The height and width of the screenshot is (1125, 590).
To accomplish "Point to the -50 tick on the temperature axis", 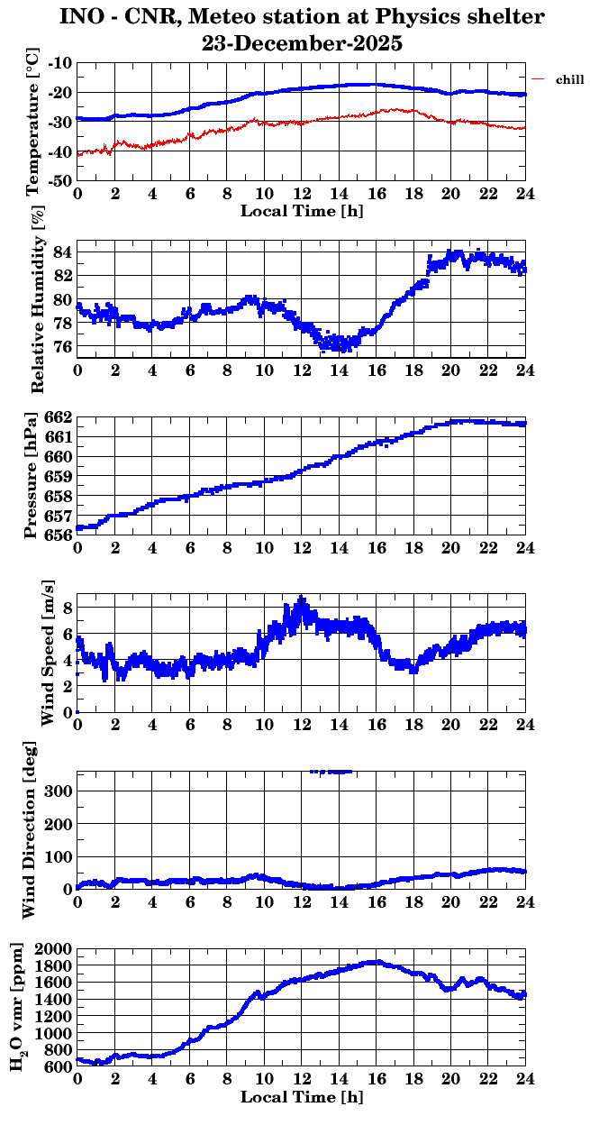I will (61, 180).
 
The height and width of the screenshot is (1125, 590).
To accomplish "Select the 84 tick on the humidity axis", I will (63, 251).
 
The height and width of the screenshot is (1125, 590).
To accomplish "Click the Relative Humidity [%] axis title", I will (38, 300).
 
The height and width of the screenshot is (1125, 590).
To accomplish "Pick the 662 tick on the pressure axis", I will (59, 417).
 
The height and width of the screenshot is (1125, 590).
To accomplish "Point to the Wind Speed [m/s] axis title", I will (47, 653).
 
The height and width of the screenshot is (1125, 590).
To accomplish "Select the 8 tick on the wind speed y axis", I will (67, 608).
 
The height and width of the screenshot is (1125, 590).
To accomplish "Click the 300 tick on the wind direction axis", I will (60, 791).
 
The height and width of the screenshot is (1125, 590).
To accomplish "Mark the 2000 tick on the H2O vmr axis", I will (53, 949).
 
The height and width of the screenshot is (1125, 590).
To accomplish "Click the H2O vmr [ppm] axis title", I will (18, 1008).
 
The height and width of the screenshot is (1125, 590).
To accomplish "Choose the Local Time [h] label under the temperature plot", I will (302, 211).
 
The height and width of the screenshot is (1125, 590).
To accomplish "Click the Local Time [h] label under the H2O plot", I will (302, 1097).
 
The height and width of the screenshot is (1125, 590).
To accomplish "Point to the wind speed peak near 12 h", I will (302, 599).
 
